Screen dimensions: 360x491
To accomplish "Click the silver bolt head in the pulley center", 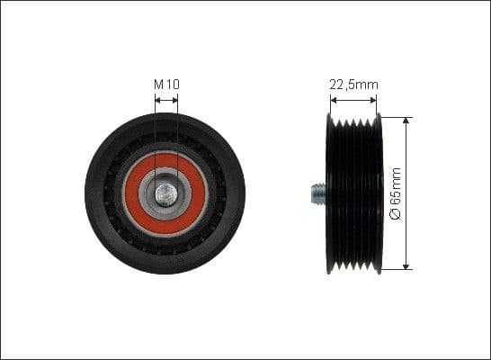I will coord(165,192).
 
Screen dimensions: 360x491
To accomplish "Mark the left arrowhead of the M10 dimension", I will coord(157,100).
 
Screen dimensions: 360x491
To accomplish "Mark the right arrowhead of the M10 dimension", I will coord(175,100).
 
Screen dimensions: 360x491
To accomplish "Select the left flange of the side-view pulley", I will coord(327,193).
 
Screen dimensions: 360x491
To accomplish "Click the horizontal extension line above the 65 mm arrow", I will coord(396,115).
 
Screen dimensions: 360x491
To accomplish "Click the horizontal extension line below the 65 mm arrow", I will coord(396,269).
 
